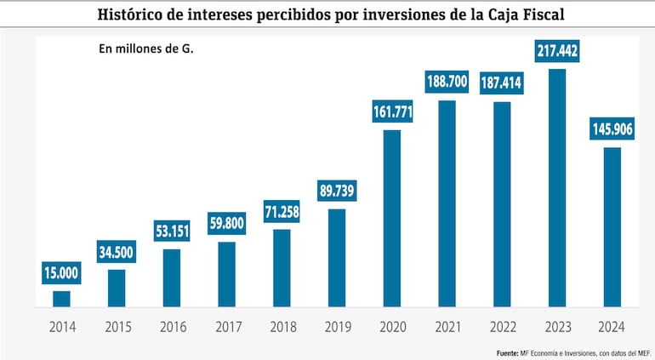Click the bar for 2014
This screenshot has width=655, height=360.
pos(61,298)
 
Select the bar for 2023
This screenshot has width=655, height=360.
pos(556,187)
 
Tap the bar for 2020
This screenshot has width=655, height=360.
pos(391,218)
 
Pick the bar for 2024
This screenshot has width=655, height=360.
pos(612,226)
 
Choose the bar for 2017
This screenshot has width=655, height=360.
pos(226,274)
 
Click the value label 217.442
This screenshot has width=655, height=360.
pos(556,51)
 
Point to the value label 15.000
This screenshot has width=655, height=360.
pos(61,273)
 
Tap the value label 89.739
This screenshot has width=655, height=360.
pos(336,190)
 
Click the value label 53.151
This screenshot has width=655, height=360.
pos(171,231)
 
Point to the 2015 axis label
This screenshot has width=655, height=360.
pos(117,327)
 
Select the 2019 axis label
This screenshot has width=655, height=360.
pos(336,327)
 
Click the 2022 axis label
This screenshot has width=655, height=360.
pos(501,327)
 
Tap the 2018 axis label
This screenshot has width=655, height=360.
pos(282,327)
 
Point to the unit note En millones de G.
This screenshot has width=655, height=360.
pos(146,49)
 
